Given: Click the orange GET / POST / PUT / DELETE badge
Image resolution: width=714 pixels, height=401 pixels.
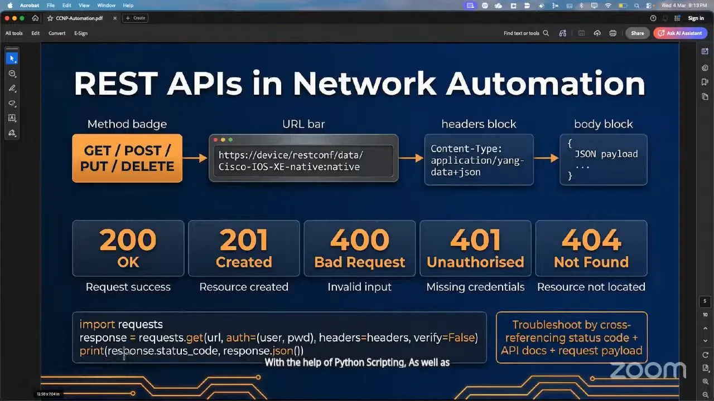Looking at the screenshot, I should click(127, 158).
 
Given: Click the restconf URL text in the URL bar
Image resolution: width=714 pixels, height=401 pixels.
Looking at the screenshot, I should click(290, 161).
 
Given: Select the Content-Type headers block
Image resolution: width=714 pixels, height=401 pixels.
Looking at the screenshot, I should click(478, 160).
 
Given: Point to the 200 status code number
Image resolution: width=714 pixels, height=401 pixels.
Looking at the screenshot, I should click(128, 241).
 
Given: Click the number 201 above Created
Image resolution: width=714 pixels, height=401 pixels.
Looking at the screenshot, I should click(244, 241).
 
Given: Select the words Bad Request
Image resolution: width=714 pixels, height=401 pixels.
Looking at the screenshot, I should click(359, 262).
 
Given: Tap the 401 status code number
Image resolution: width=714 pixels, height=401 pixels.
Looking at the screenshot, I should click(475, 241).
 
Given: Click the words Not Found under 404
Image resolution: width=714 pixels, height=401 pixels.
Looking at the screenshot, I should click(591, 262).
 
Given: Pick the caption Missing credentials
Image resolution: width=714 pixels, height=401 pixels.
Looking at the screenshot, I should click(475, 287).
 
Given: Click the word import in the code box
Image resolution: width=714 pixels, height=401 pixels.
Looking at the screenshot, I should click(97, 324).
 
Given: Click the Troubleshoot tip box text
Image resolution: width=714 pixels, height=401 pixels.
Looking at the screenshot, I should click(571, 338).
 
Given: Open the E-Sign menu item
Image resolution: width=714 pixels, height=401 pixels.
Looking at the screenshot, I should click(81, 33).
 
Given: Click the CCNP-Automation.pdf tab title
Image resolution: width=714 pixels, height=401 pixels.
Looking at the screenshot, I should click(79, 18).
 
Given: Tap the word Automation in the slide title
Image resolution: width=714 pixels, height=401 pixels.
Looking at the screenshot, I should click(545, 84).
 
